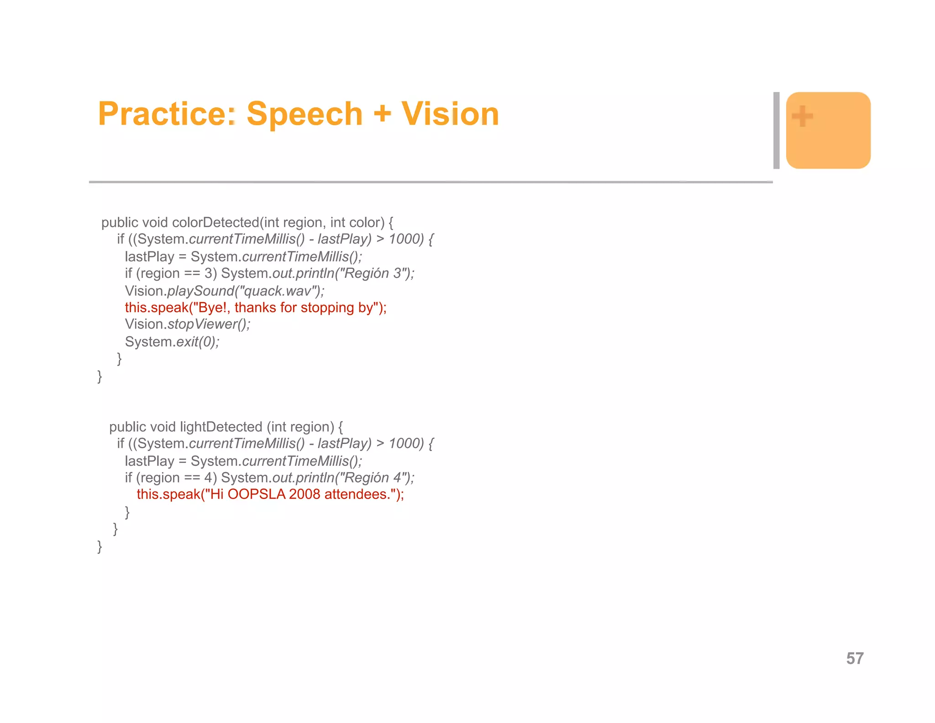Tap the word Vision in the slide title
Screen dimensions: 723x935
coord(450,114)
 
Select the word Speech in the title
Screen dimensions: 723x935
coord(305,114)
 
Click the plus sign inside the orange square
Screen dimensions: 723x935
coord(802,116)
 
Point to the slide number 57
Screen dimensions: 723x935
coord(855,658)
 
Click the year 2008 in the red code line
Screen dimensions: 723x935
coord(305,494)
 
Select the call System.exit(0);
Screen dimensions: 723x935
coord(172,342)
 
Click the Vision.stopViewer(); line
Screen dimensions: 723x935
coord(188,324)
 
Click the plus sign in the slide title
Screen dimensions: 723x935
coord(382,114)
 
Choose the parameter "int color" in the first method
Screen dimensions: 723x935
coord(357,223)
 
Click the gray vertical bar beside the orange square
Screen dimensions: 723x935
coord(776,130)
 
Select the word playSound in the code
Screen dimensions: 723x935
coord(200,291)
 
